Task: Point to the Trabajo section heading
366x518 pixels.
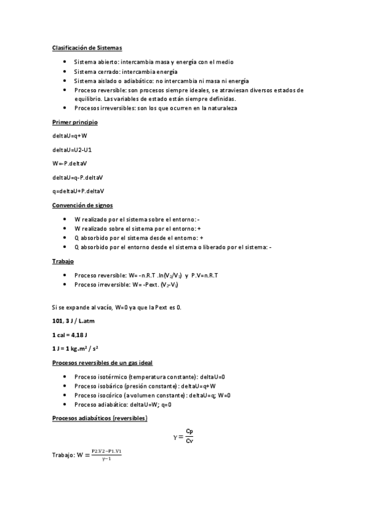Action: [x=64, y=261]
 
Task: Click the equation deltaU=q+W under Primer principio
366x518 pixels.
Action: [x=70, y=136]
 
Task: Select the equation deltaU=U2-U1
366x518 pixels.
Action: [x=72, y=149]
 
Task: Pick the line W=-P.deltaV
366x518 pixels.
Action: [x=70, y=163]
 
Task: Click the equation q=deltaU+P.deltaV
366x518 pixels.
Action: [x=78, y=191]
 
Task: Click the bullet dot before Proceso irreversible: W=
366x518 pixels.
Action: [x=65, y=285]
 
